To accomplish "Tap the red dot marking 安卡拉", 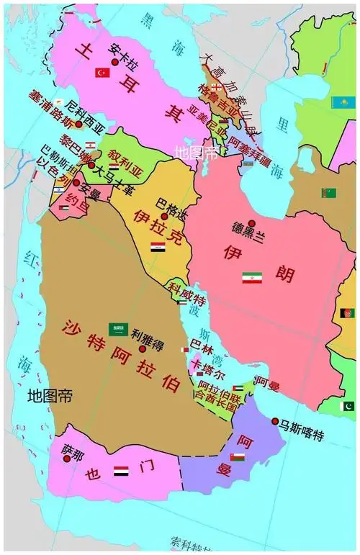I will pos(115,63).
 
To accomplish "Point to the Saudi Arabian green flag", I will pos(118,329).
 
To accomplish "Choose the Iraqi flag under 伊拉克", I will pos(158,247).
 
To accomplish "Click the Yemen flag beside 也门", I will pos(122,471).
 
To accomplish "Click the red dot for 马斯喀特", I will pos(275,421).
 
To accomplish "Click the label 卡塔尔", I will pos(208,375).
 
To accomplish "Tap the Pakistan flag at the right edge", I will pos(348,407).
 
